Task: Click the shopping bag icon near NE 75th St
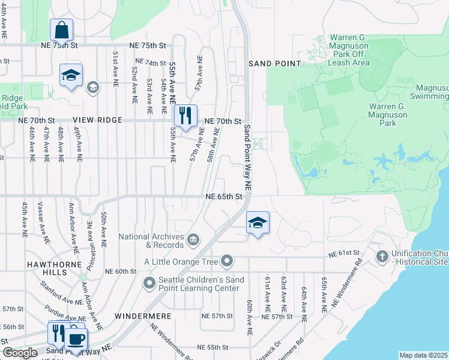(62, 29)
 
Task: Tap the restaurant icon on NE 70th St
(185, 115)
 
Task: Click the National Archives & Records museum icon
(193, 241)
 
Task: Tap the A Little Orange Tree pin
(227, 261)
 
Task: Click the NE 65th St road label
(224, 196)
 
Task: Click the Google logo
(20, 353)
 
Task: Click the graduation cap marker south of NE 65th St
(258, 223)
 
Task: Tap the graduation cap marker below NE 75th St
(71, 76)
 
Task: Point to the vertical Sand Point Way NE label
(247, 158)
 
